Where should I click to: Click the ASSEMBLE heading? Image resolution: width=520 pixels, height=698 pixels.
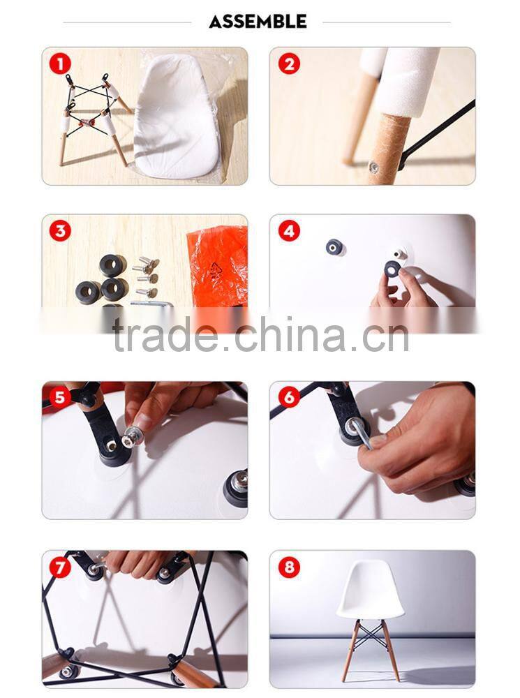[258, 22]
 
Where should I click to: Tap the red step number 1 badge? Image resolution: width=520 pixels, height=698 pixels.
[60, 64]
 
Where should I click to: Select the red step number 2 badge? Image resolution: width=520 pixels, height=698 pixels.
[289, 64]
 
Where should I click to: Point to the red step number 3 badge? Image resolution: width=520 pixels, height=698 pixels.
[60, 231]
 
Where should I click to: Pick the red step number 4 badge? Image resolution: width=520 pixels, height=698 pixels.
[289, 231]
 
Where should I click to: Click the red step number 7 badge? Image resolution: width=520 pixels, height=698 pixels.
[60, 567]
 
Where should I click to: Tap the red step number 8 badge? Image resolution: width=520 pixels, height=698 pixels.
[289, 567]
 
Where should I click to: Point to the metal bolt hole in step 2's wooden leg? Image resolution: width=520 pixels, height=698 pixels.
[373, 168]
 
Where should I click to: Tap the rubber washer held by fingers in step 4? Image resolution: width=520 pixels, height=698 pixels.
[393, 269]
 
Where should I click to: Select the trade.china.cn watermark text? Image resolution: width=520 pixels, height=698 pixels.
[261, 334]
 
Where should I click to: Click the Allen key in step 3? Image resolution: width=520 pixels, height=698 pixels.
[151, 304]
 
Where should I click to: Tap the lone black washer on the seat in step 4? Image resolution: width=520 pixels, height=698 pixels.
[335, 247]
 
